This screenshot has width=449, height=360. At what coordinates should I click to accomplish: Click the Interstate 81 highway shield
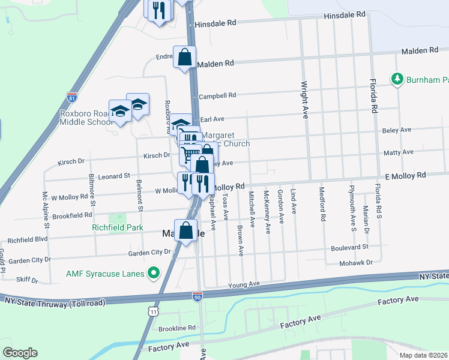pyautogui.click(x=73, y=97)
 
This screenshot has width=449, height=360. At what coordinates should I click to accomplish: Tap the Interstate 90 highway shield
pyautogui.click(x=197, y=296)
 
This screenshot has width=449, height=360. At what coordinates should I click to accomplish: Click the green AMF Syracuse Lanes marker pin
pyautogui.click(x=154, y=274)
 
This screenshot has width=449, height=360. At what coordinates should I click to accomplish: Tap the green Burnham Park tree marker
pyautogui.click(x=397, y=79)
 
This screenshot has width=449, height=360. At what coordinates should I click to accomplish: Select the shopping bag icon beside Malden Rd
pyautogui.click(x=185, y=58)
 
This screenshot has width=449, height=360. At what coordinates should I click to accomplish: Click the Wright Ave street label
pyautogui.click(x=304, y=100)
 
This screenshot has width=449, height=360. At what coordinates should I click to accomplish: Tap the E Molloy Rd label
pyautogui.click(x=405, y=175)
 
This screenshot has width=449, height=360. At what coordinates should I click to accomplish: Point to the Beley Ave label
pyautogui.click(x=397, y=130)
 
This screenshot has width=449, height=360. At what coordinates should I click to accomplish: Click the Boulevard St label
pyautogui.click(x=349, y=247)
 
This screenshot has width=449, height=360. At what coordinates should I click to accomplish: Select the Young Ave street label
pyautogui.click(x=244, y=284)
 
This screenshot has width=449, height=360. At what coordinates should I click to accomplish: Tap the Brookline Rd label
pyautogui.click(x=177, y=328)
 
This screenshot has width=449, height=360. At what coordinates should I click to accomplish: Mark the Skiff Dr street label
pyautogui.click(x=27, y=280)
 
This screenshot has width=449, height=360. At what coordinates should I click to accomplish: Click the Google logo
pyautogui.click(x=20, y=353)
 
